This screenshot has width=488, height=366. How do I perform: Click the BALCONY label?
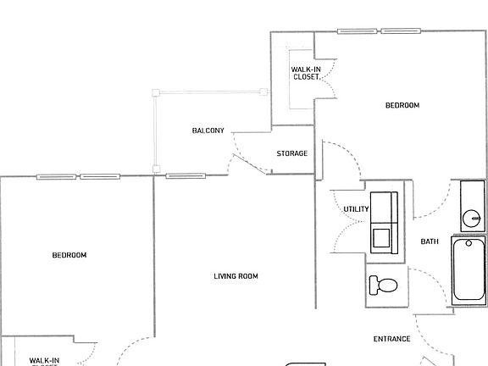click(x=208, y=130)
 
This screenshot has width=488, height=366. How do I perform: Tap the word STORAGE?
click(x=291, y=153)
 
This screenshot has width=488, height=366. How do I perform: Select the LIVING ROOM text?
click(x=236, y=276)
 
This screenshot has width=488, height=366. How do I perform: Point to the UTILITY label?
click(x=356, y=209)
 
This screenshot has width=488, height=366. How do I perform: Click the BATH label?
click(x=430, y=242)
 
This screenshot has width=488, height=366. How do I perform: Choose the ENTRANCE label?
click(x=391, y=339)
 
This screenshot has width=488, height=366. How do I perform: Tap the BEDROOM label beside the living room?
click(x=69, y=255)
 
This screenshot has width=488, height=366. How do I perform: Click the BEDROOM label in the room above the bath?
click(x=402, y=105)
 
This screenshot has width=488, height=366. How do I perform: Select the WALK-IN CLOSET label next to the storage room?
click(x=305, y=73)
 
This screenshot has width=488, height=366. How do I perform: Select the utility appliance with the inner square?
click(x=383, y=236)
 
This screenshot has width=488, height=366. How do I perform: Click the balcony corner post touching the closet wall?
click(x=261, y=92)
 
